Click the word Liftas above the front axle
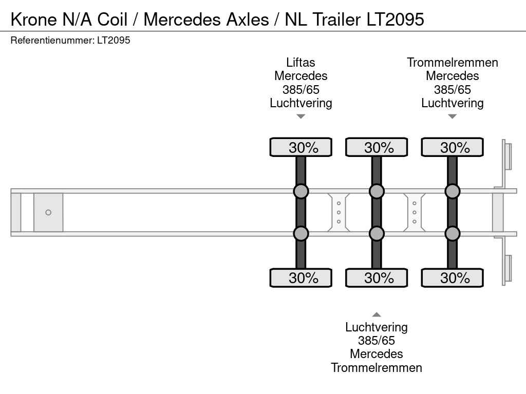[x=300, y=63]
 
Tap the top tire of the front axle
[x=300, y=147]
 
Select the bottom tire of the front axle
[x=300, y=278]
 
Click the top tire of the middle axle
[x=376, y=147]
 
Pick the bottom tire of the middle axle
[x=376, y=278]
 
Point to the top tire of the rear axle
[x=452, y=147]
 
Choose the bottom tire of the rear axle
[x=452, y=278]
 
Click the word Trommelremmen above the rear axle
[x=452, y=63]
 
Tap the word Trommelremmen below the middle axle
[x=376, y=367]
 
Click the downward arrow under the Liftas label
[x=301, y=116]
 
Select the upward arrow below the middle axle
[x=377, y=314]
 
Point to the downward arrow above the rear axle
[x=452, y=116]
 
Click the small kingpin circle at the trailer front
[x=48, y=212]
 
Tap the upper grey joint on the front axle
[x=300, y=191]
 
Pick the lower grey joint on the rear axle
[x=452, y=233]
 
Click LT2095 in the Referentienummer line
[x=113, y=41]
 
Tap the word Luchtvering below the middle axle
[x=376, y=327]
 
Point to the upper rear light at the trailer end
[x=508, y=156]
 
